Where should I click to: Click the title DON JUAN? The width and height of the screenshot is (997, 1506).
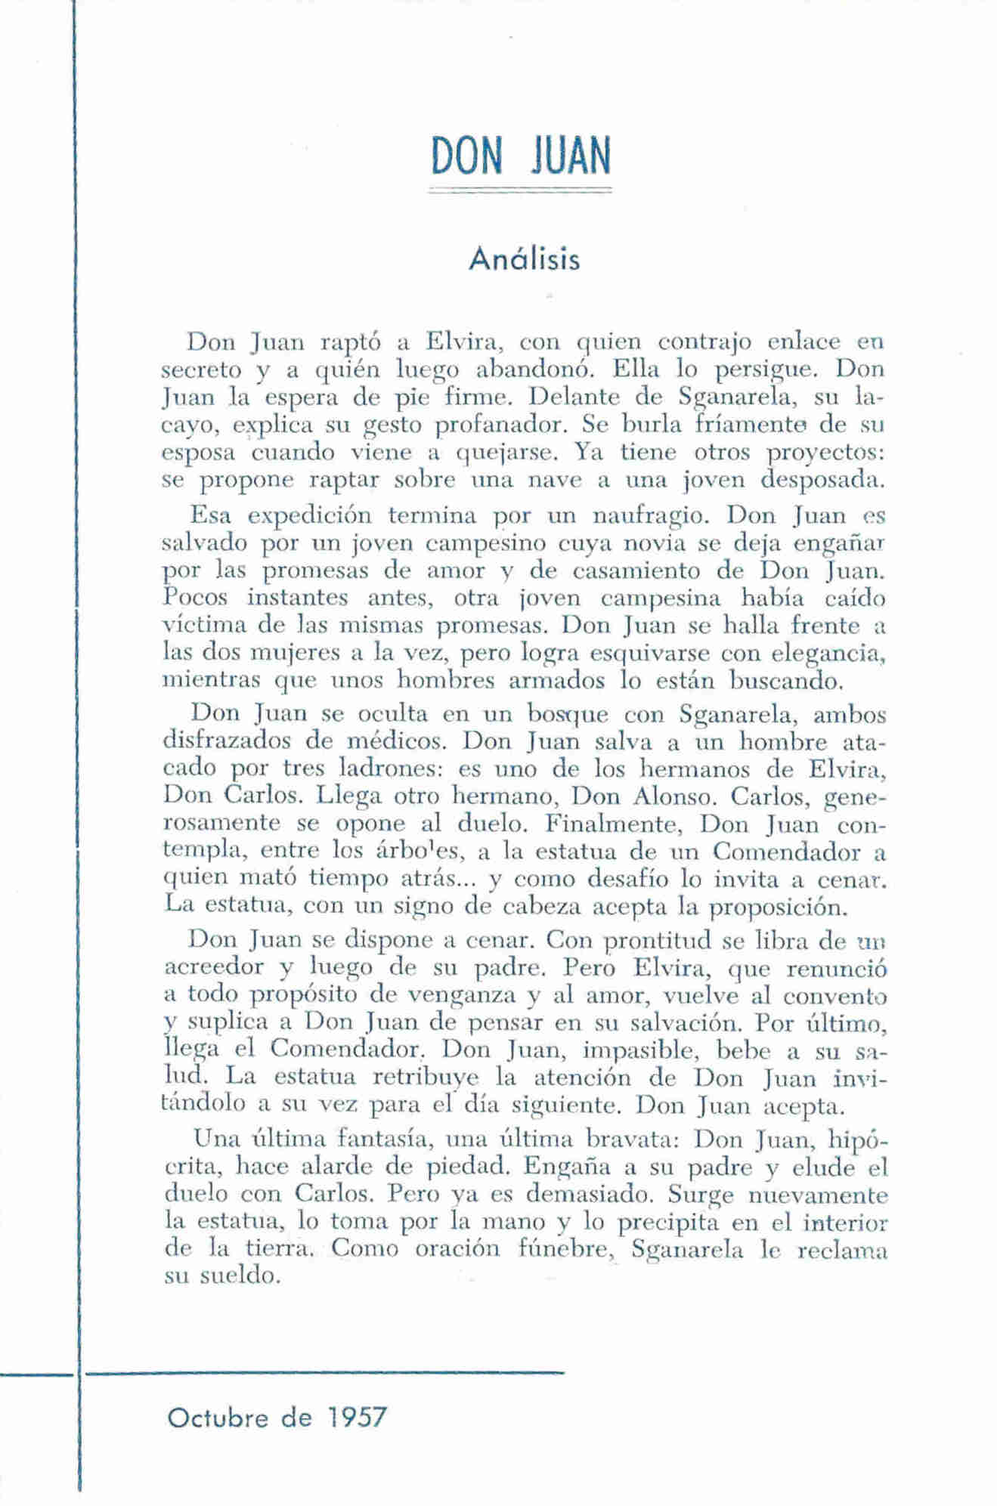pos(520,156)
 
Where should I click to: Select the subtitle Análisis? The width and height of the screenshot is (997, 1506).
pos(524,259)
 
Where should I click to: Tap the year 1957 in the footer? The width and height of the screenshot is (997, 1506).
pos(358,1417)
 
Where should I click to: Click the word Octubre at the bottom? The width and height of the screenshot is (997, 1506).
pos(218,1417)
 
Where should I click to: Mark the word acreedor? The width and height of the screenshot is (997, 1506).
pos(213,968)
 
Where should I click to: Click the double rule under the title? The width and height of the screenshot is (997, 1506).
pos(520,193)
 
